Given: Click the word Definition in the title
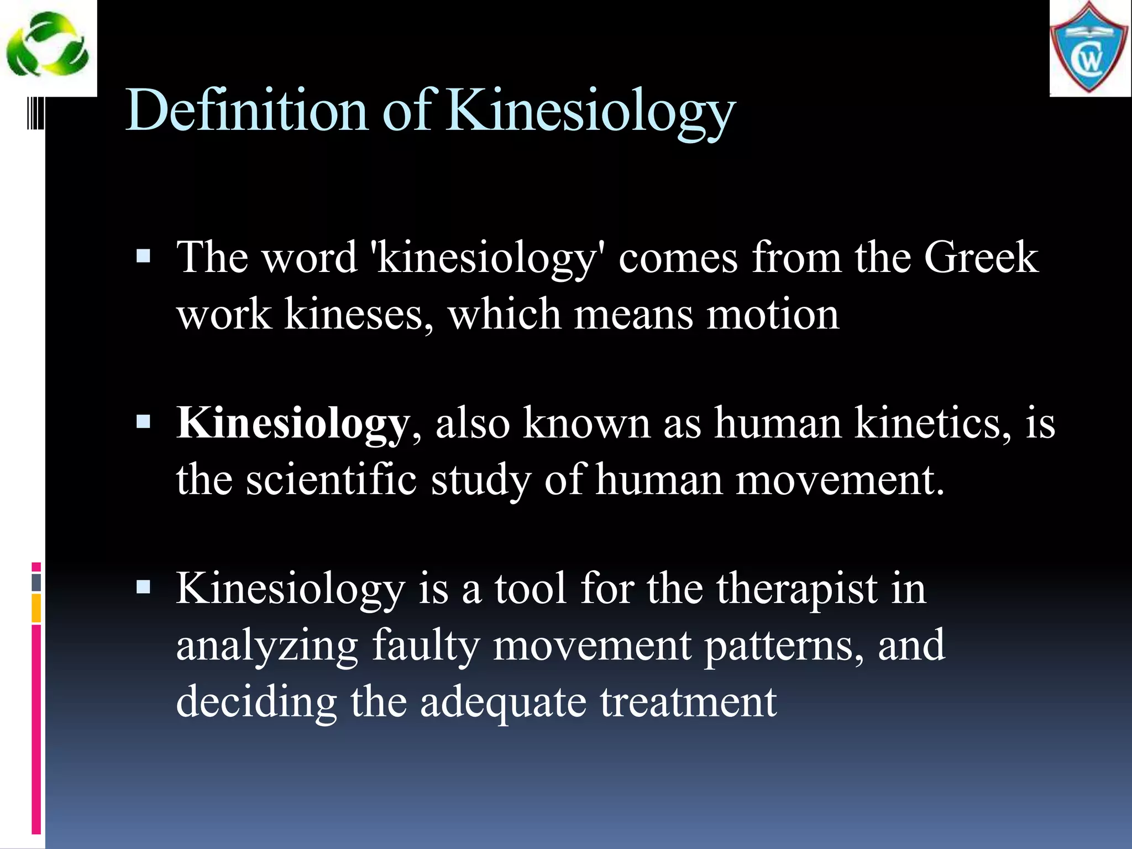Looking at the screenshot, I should point(247,111).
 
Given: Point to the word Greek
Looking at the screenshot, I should point(981,258).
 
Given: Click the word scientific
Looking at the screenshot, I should point(331,479).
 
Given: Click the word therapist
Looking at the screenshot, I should point(797,589).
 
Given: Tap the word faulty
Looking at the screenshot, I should point(425,645).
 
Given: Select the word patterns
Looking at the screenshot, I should point(783,645).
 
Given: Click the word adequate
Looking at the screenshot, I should point(503,701).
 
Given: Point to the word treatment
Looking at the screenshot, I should point(689,701).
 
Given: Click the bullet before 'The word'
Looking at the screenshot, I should point(143,256).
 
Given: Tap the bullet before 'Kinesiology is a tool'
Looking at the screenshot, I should point(143,586).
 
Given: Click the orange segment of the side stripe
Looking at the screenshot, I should point(36,607).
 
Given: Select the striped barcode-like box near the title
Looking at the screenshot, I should point(36,113).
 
